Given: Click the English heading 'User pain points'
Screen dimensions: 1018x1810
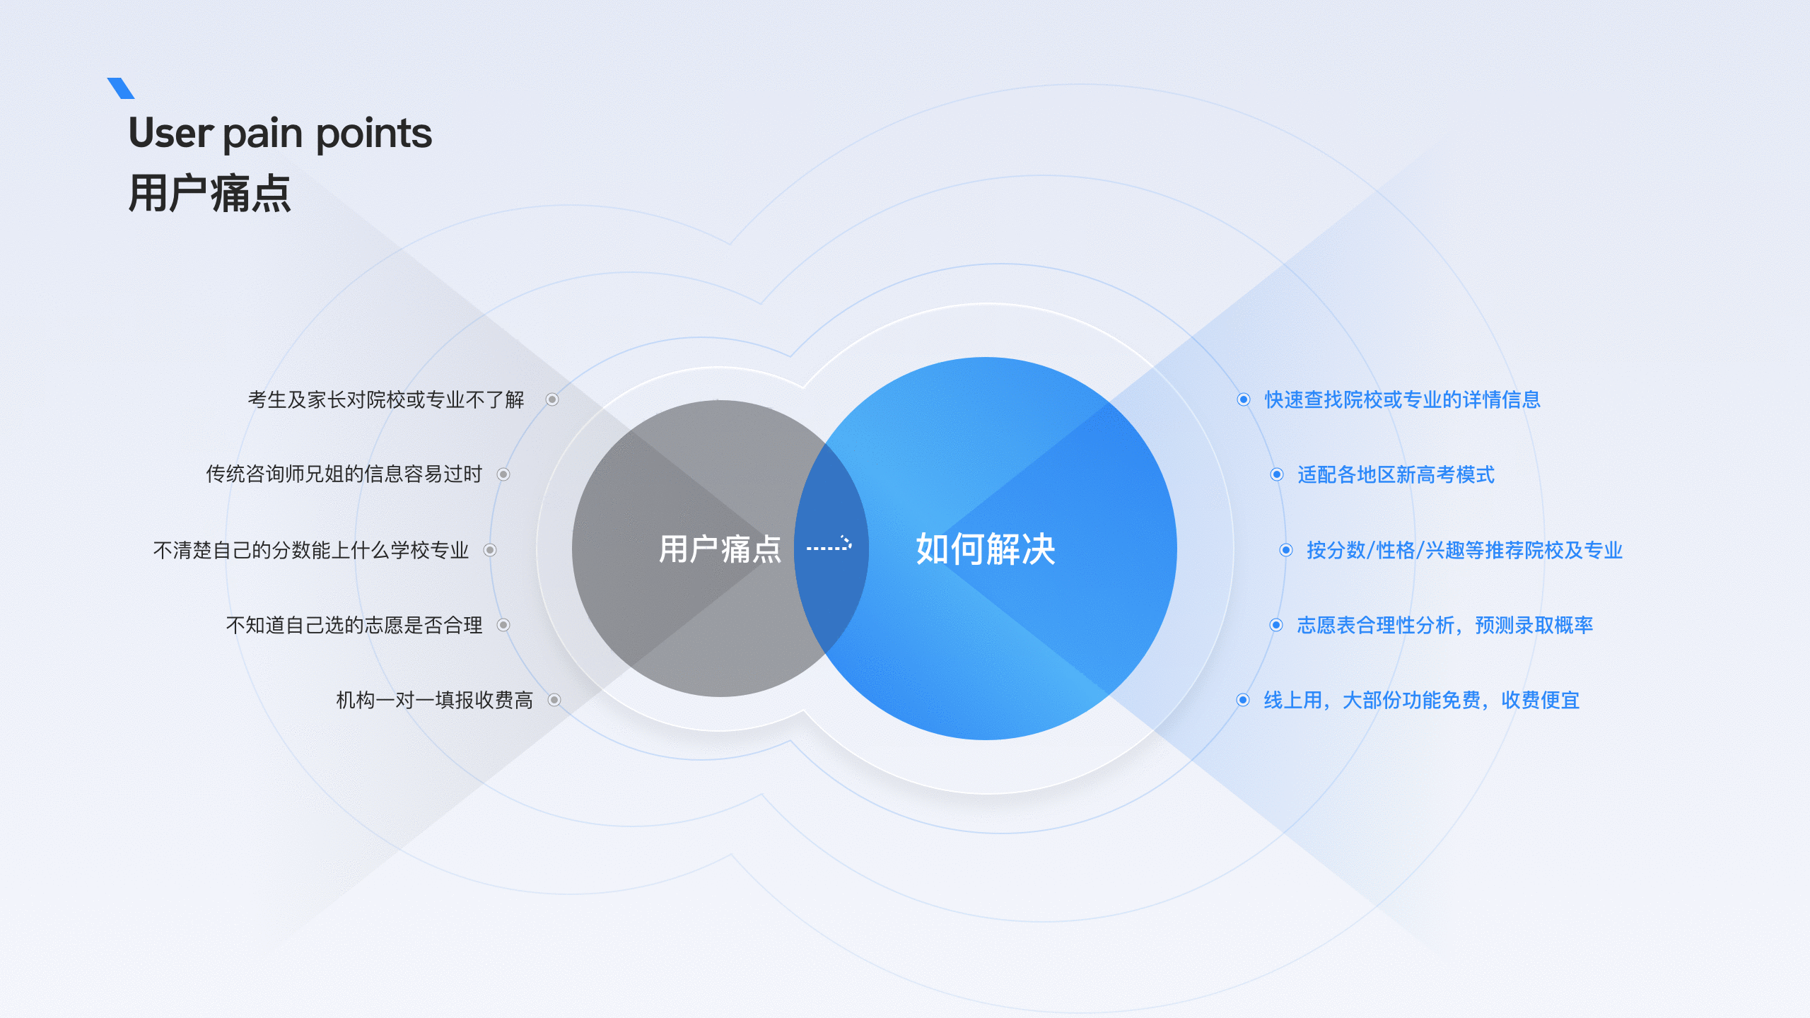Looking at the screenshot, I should (280, 133).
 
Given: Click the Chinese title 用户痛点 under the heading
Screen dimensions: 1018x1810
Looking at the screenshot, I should (209, 194).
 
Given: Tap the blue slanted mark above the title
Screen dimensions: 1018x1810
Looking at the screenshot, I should (121, 88).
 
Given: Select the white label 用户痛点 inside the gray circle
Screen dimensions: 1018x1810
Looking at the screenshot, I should (720, 549).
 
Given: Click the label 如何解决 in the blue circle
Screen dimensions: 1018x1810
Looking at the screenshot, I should (986, 549).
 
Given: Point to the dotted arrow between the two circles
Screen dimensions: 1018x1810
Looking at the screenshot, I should (829, 545).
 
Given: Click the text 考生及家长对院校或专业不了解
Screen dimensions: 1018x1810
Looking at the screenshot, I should (386, 400).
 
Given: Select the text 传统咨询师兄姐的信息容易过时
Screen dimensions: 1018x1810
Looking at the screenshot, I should (344, 474).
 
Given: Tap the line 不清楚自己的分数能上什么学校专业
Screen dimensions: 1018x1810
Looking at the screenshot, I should (311, 550).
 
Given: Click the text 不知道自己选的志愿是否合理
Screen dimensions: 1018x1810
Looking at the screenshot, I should (354, 625).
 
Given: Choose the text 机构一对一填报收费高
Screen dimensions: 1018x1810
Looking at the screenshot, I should (434, 700).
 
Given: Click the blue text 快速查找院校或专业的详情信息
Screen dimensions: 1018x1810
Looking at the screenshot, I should (1402, 400).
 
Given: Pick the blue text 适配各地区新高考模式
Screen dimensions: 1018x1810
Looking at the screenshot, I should (1396, 474).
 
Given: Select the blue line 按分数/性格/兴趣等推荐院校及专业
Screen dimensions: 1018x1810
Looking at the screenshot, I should (1464, 550).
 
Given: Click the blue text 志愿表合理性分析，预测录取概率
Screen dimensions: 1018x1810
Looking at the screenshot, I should (1444, 625).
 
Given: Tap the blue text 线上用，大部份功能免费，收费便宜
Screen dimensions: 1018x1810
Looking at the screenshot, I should (1421, 700).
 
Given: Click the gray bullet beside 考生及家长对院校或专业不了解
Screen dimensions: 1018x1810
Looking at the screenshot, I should (552, 400).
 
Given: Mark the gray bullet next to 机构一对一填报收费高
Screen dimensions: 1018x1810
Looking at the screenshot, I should (554, 700).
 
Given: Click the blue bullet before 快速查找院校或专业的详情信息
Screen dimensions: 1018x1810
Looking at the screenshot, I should (1244, 400).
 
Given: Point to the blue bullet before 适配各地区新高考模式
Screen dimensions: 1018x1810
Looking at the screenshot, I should (1277, 474).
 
